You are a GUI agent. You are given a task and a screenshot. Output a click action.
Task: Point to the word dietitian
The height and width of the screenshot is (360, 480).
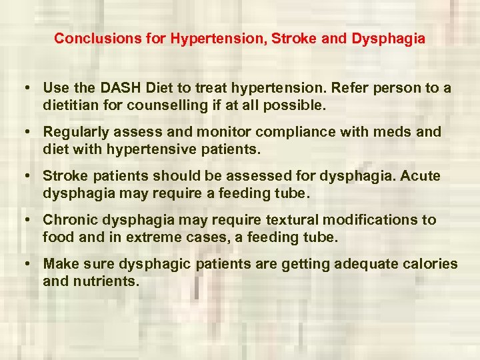coord(71,105)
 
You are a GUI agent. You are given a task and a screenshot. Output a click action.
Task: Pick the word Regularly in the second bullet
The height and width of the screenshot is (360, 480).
coord(74,132)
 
